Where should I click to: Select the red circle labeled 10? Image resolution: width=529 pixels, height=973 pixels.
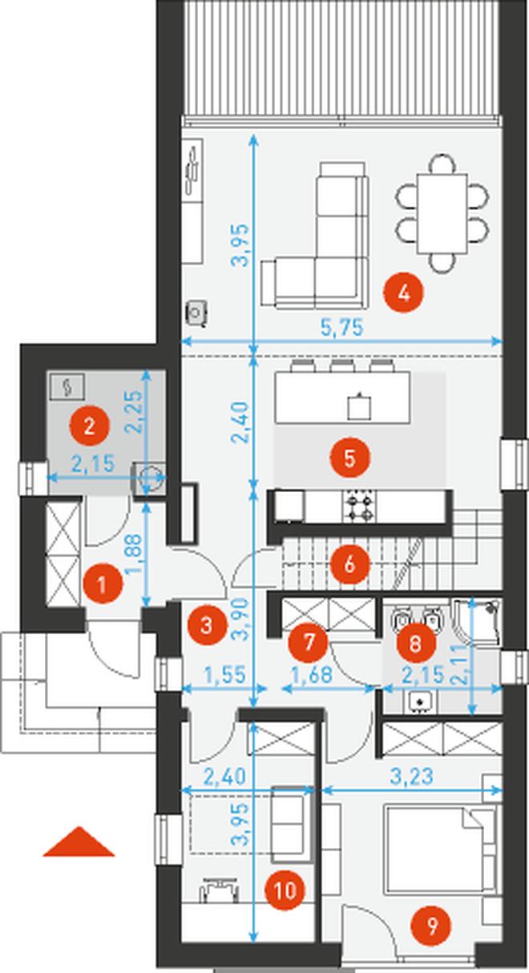point(285,891)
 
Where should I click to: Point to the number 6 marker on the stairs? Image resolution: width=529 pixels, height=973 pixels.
point(349,564)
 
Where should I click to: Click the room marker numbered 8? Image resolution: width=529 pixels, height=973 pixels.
point(415,643)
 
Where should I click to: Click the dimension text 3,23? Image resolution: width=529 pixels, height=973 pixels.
point(412,776)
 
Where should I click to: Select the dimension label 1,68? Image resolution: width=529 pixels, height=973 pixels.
point(312,675)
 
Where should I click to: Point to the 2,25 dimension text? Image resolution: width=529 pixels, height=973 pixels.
point(133,412)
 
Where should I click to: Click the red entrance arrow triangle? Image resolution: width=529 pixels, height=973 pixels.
point(79,842)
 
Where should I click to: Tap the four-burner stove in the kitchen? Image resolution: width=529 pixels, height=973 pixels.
point(359,507)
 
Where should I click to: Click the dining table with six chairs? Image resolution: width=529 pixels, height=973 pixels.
point(442,214)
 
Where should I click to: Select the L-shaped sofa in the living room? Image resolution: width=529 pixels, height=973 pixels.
point(315,236)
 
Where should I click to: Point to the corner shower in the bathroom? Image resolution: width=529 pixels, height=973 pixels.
point(476,622)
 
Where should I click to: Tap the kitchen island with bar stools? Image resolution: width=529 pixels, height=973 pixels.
point(343,395)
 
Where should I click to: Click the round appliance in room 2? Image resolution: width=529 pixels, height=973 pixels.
point(150,478)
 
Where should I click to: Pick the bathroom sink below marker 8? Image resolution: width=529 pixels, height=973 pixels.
point(420,702)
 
